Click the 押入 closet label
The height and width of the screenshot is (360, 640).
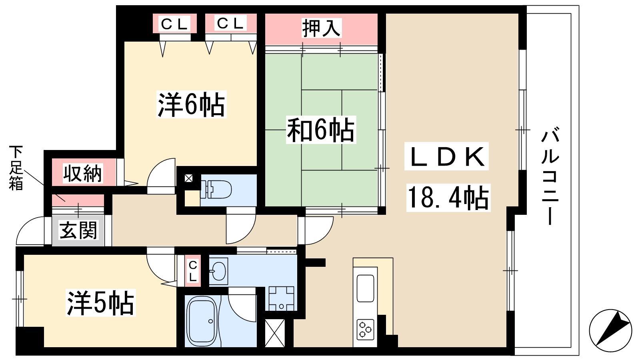point(321,28)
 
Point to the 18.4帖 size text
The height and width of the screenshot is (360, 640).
point(448,198)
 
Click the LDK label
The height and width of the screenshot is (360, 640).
point(446,156)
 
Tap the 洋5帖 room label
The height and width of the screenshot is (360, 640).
point(100,302)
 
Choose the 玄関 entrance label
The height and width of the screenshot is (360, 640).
point(78,230)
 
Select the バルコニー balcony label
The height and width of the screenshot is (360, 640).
point(550,176)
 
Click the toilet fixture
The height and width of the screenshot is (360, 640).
point(216,189)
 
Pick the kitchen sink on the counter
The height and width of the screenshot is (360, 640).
point(366,288)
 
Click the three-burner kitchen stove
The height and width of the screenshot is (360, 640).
point(366,330)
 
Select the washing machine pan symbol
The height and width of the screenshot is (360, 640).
point(282,298)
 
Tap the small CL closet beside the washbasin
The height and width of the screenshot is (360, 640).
point(193,271)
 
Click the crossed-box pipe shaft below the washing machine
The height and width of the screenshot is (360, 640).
point(275,333)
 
